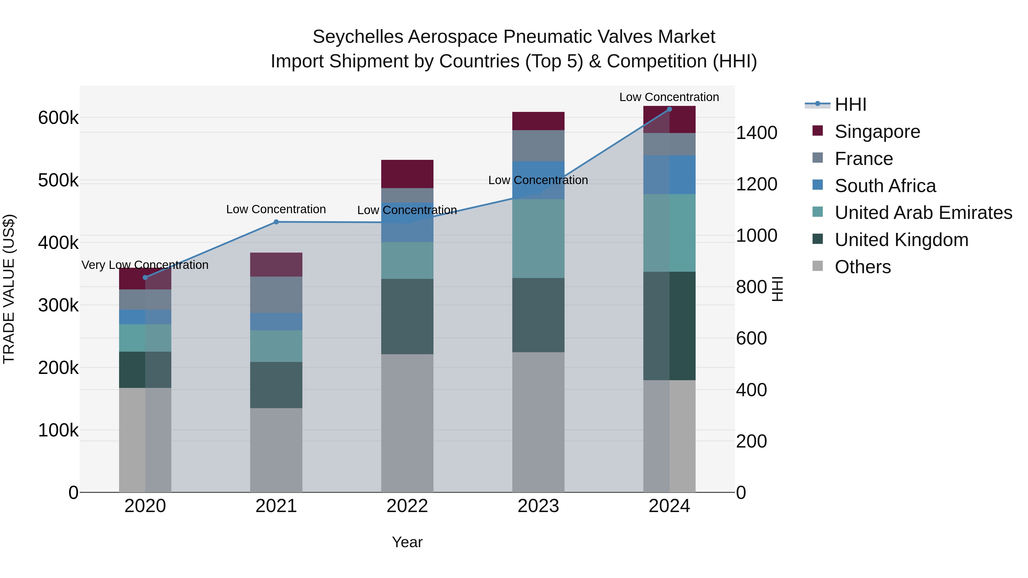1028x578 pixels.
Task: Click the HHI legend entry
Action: point(850,104)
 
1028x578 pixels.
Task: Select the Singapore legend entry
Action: point(877,132)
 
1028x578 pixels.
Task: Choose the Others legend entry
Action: point(862,267)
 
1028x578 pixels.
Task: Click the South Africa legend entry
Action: point(885,186)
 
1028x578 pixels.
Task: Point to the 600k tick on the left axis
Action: point(58,118)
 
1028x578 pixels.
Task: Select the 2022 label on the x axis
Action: point(407,506)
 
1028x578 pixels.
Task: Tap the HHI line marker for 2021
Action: point(276,222)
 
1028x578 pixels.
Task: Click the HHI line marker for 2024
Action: point(669,109)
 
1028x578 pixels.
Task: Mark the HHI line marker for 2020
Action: point(145,278)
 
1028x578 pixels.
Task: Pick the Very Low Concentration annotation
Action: point(145,265)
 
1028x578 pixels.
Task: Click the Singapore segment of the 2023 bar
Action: point(538,121)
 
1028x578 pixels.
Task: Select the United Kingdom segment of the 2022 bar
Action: point(407,316)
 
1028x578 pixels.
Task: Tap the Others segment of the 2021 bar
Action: point(276,450)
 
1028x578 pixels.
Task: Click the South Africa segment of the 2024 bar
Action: point(669,175)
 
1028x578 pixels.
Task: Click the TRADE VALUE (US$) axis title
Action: point(9,289)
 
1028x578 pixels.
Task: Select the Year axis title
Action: point(407,542)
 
